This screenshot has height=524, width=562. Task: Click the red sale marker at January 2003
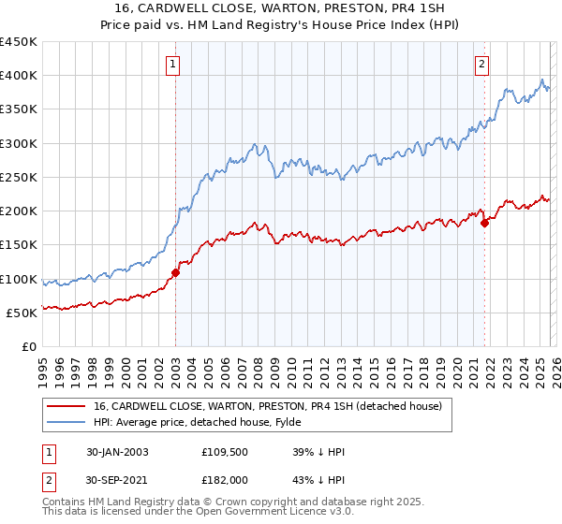tap(175, 273)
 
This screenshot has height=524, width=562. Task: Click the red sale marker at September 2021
tap(484, 223)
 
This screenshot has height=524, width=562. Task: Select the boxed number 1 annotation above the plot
tap(174, 65)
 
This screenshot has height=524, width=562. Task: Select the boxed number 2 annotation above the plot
tap(481, 65)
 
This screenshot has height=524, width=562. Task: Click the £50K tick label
tap(22, 313)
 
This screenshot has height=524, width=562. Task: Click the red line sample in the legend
tap(67, 406)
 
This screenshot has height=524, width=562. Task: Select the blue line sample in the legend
tap(67, 422)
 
